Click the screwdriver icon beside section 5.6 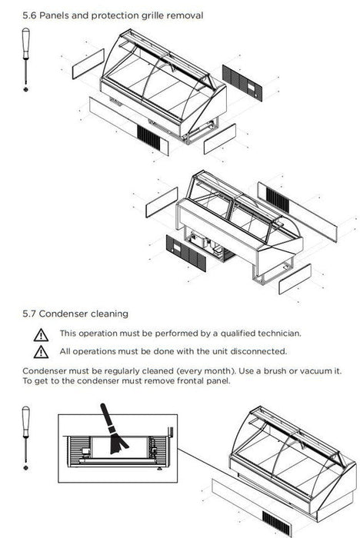point(25,60)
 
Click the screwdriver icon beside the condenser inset point(25,438)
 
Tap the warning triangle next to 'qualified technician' point(41,335)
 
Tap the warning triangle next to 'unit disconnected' point(41,352)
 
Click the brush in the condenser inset point(113,429)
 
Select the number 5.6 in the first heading point(29,16)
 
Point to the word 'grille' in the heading point(150,16)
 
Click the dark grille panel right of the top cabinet point(242,83)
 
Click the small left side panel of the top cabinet point(88,64)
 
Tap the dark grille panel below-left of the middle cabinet point(186,253)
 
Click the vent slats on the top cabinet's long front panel point(149,138)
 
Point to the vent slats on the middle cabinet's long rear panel point(278,200)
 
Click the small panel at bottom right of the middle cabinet point(295,279)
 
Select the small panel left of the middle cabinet point(162,202)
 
